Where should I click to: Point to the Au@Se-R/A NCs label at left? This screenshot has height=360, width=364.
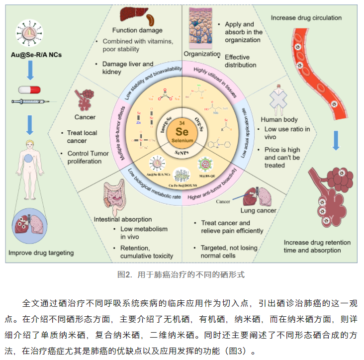coord(31,53)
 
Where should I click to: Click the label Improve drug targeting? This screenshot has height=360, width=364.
coord(41,253)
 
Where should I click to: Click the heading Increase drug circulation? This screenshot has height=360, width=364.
coord(306,18)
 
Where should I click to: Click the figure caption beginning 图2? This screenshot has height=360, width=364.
coord(182,274)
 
